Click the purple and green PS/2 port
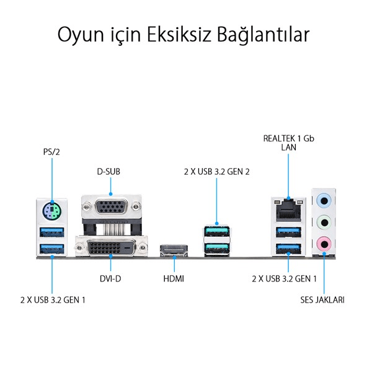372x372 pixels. [52, 210]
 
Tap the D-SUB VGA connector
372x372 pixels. [111, 206]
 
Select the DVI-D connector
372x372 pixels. [111, 247]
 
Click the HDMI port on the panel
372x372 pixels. [174, 251]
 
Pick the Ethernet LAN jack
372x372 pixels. [288, 210]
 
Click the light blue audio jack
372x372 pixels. [324, 201]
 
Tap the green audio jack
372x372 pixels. [324, 223]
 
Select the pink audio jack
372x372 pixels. [324, 244]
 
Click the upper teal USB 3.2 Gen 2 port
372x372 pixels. [216, 231]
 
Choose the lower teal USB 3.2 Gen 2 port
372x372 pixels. [216, 249]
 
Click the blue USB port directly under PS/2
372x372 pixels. [52, 232]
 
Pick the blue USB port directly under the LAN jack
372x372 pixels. [288, 232]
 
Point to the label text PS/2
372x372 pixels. [51, 152]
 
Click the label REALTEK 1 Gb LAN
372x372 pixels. [289, 143]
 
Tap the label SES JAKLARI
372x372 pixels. [322, 300]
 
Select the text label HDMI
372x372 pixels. [174, 278]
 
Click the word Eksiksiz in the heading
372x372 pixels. [179, 35]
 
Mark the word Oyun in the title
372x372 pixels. [81, 35]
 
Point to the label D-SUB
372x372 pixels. [108, 172]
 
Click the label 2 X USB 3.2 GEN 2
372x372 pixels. [217, 172]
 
